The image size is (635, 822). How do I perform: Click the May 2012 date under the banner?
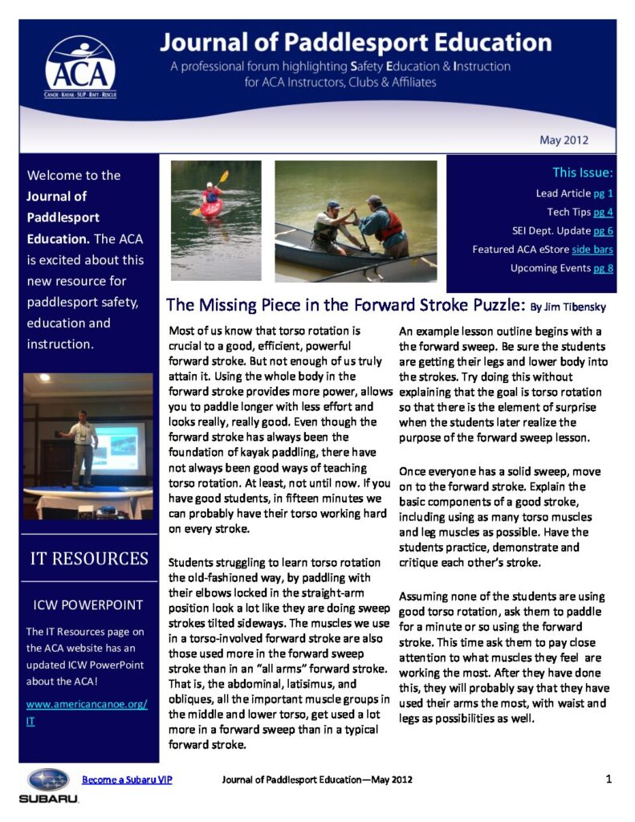point(564,140)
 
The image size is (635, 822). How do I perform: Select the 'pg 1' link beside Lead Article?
point(603,193)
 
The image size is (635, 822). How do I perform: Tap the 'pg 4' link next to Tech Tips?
point(603,212)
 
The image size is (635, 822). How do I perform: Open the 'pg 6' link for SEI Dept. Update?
point(603,230)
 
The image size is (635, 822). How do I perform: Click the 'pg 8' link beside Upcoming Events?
point(603,268)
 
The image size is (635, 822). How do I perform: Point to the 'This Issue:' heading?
point(583,173)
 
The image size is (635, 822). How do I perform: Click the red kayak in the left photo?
point(211,207)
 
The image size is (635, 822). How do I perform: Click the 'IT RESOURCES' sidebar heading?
point(88,559)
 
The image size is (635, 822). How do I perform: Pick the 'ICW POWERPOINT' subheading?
point(88,605)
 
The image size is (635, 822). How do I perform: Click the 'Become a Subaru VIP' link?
point(127,779)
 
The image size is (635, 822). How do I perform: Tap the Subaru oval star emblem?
point(49,779)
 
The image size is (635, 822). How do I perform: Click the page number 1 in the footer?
point(609,779)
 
